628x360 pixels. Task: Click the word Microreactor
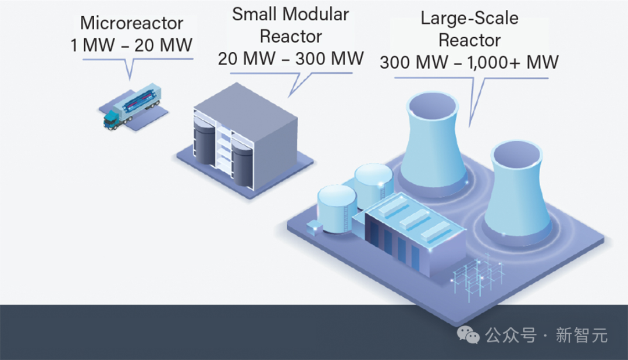pos(131,23)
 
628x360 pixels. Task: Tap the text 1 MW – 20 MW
pos(131,45)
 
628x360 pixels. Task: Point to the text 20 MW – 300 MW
pos(291,59)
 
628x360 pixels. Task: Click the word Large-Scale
pos(469,19)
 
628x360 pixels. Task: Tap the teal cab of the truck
pos(111,120)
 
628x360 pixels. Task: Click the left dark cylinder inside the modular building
pos(205,141)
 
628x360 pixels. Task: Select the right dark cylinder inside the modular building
pos(242,163)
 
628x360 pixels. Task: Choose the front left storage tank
pos(337,208)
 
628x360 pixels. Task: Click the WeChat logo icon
pos(468,335)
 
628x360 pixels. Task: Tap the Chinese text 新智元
pos(581,335)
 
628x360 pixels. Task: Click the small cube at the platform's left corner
pos(314,228)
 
